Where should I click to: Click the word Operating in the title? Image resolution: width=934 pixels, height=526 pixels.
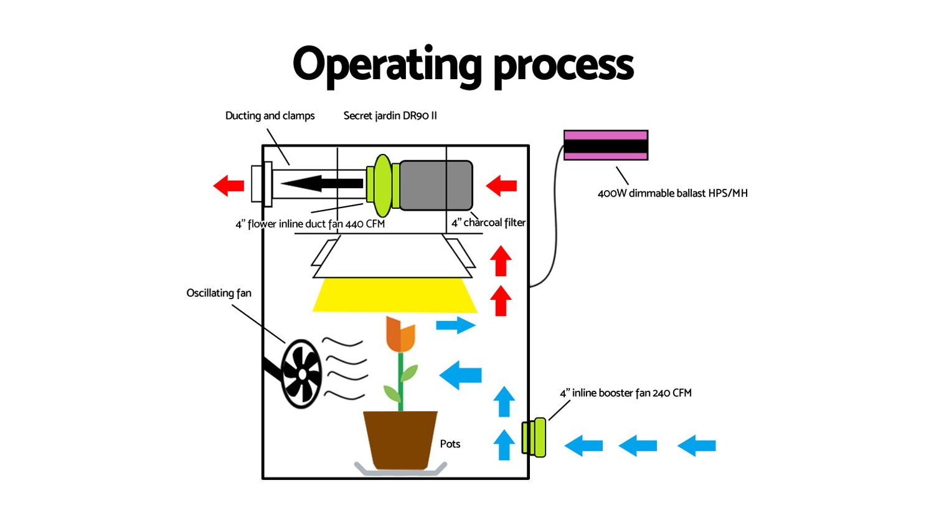(386, 64)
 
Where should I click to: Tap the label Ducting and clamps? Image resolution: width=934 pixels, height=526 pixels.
(270, 116)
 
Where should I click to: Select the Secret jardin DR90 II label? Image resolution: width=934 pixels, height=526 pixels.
(390, 116)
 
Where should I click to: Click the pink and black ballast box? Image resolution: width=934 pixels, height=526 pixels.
(605, 145)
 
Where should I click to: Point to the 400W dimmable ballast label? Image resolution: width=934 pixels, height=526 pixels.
(672, 193)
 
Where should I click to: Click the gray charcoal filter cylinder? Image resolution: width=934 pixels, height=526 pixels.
(435, 185)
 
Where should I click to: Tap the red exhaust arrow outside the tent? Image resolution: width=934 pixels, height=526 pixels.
(229, 185)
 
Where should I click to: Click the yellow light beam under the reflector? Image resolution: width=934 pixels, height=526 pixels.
(395, 295)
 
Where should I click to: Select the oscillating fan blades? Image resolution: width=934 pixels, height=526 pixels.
(301, 373)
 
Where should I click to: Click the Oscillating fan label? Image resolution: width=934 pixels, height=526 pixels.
(219, 293)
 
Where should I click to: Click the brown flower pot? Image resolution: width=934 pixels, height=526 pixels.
(400, 439)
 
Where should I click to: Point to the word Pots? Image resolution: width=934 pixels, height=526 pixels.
(450, 444)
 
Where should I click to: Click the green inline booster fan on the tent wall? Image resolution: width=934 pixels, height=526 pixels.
(535, 438)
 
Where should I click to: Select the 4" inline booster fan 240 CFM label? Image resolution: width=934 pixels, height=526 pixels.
(626, 393)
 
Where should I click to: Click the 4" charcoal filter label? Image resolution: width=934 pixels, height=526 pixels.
(488, 222)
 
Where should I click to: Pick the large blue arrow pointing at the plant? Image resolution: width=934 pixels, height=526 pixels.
(461, 375)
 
